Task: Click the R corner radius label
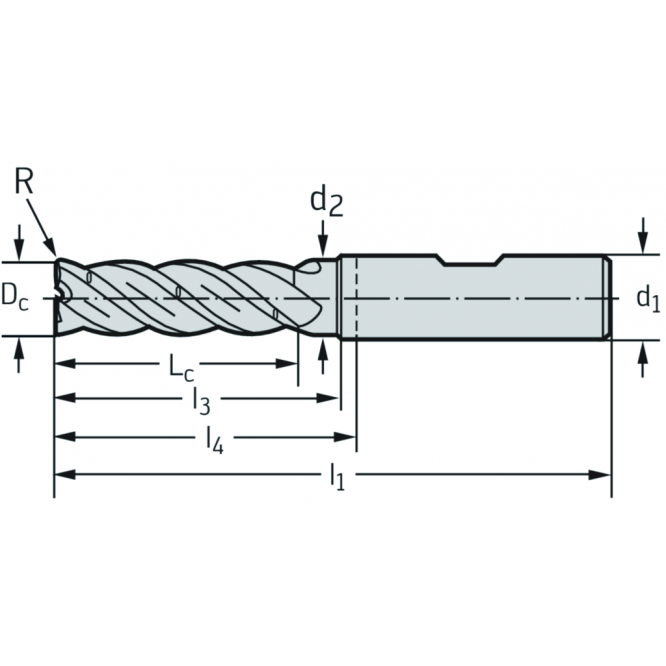tap(25, 182)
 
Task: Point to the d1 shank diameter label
tap(648, 297)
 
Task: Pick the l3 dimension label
tap(200, 403)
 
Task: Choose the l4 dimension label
tap(213, 439)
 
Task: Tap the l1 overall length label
tap(337, 477)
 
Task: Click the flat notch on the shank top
tap(472, 262)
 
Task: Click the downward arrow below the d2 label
tap(322, 246)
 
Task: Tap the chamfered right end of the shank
tap(606, 297)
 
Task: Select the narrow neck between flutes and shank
tap(322, 297)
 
